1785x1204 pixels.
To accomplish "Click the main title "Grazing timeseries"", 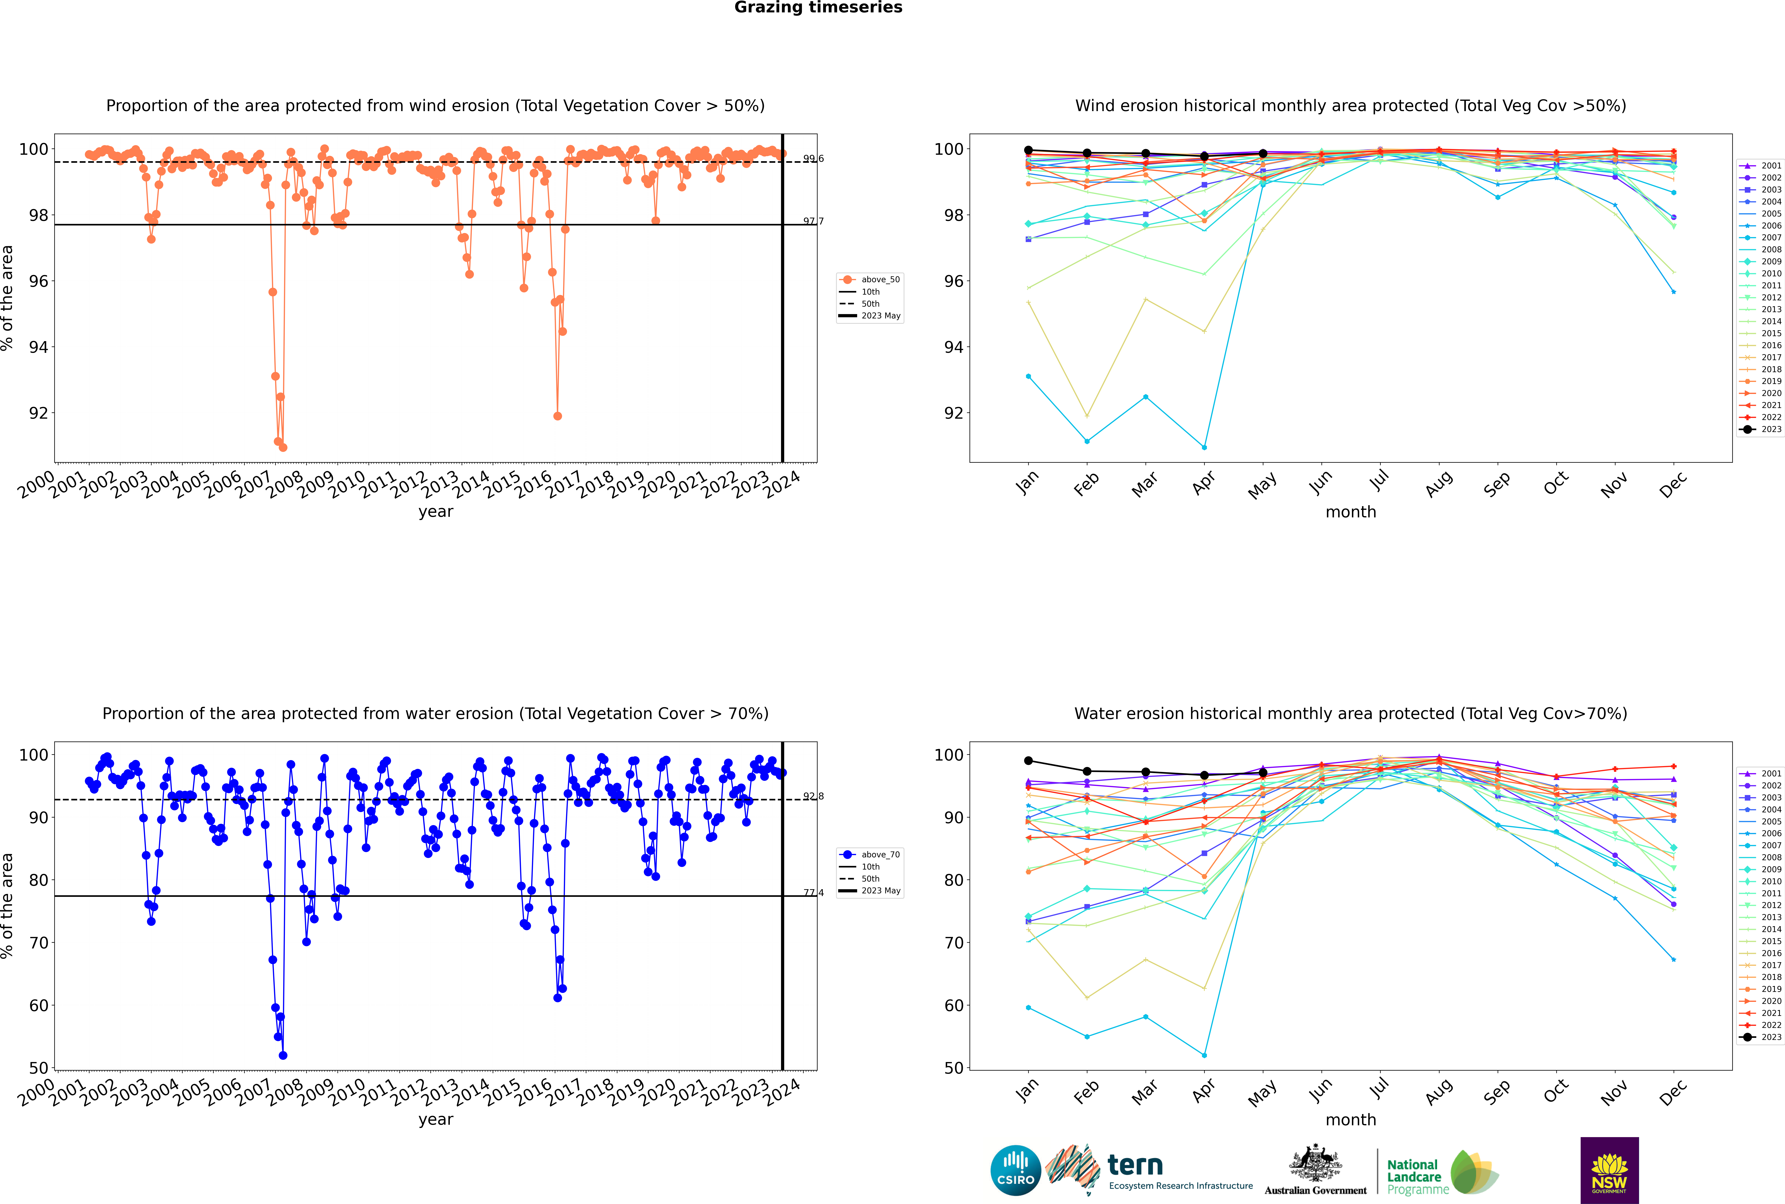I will pos(818,8).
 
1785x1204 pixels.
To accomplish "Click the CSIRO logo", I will pos(1015,1170).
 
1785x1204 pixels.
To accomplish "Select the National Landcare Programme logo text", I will pos(1414,1176).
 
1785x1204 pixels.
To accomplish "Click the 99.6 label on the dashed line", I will pos(813,159).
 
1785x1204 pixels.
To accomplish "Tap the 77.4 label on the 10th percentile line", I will pos(813,893).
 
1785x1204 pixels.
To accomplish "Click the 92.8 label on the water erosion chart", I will pos(813,796).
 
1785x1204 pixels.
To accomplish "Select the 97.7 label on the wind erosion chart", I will pos(813,221).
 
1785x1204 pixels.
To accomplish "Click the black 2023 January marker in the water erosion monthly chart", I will pos(1028,761).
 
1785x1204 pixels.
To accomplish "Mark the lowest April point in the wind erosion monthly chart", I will pos(1204,447).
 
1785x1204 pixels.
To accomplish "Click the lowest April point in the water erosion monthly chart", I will pos(1204,1055).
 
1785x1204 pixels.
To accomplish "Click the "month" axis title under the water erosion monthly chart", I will pos(1351,1120).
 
